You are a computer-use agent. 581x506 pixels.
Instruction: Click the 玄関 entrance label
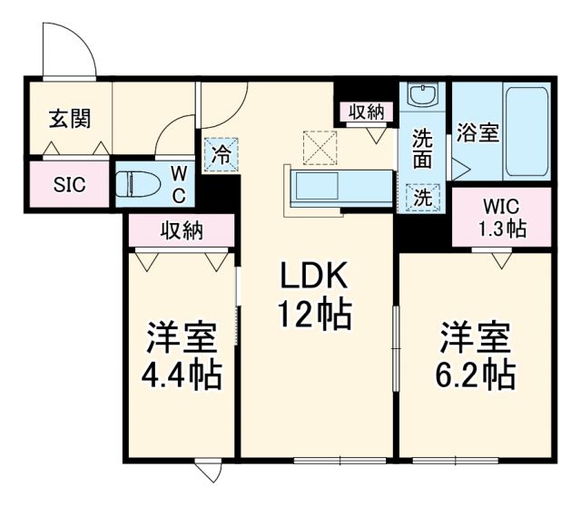(x=69, y=119)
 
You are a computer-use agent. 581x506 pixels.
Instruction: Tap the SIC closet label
(x=69, y=184)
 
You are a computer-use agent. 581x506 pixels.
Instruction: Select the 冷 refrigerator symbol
(x=222, y=153)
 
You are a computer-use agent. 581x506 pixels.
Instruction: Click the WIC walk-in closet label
(x=502, y=207)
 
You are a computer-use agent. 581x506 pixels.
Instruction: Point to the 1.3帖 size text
(x=502, y=229)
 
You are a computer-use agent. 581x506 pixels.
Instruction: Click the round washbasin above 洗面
(x=424, y=94)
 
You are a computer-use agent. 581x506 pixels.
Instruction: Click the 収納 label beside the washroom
(x=367, y=112)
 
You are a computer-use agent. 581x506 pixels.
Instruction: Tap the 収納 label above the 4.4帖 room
(x=182, y=231)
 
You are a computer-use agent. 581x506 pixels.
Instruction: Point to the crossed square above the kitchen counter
(x=320, y=146)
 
